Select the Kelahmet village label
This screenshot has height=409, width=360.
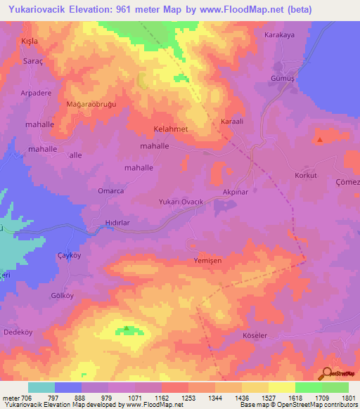tap(171, 131)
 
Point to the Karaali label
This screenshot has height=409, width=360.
tap(232, 122)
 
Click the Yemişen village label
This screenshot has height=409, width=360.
tap(207, 260)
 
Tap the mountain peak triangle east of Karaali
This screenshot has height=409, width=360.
tap(320, 139)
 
